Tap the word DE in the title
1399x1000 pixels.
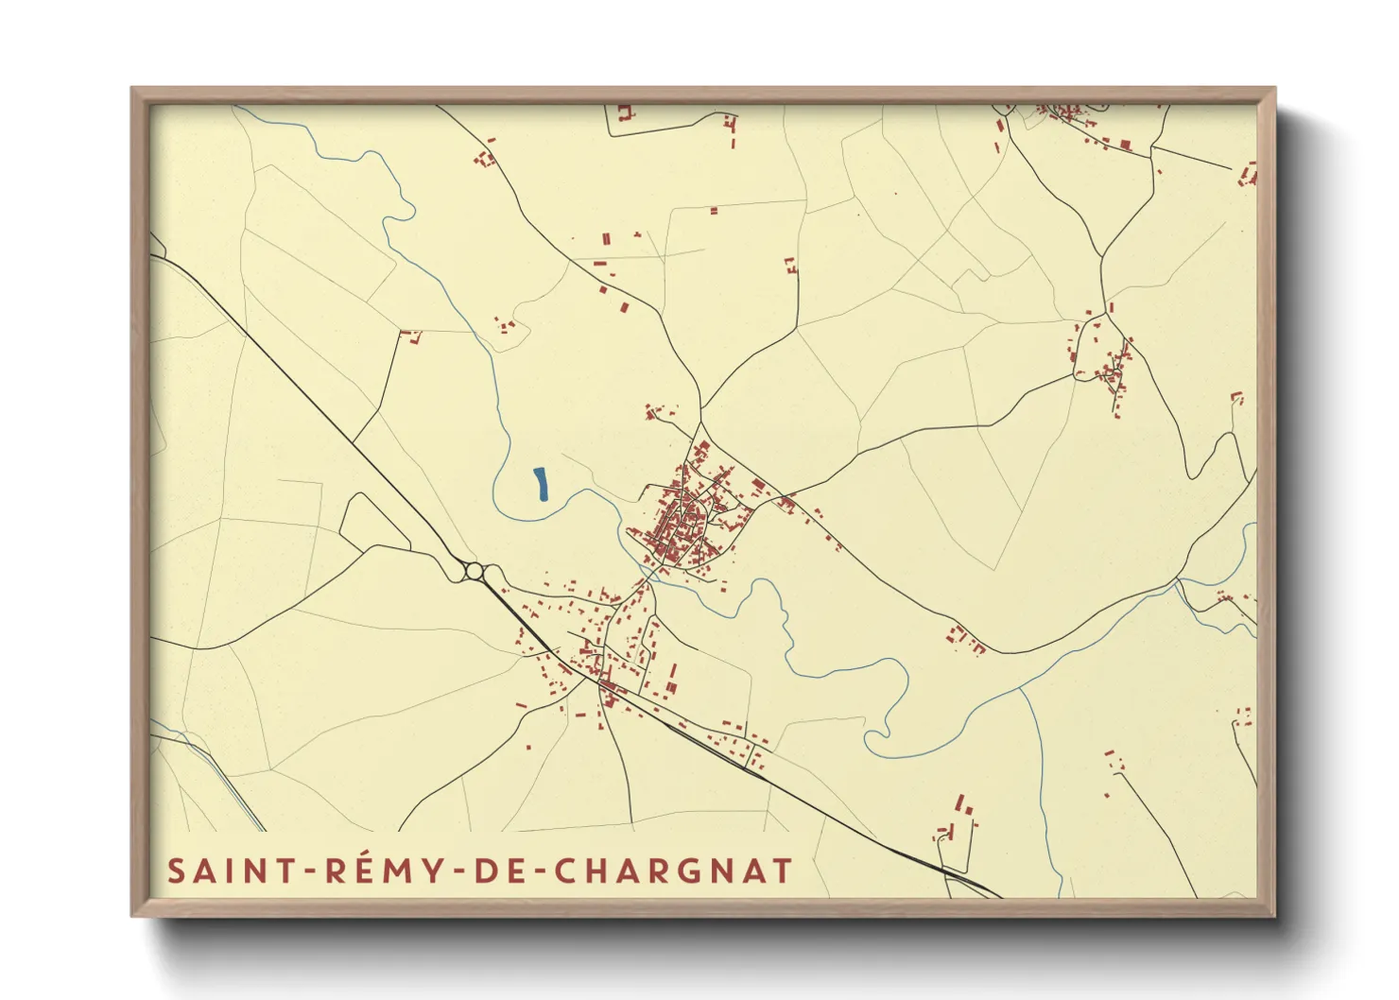click(494, 871)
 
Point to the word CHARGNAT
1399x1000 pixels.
click(673, 871)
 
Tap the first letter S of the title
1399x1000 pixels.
click(177, 871)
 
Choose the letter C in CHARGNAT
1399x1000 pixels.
click(565, 871)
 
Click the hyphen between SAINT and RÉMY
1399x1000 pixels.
click(306, 871)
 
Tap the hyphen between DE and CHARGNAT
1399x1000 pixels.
click(536, 871)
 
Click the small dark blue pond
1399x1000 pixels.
click(541, 483)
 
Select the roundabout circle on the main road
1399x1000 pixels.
click(475, 571)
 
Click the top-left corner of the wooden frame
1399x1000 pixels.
click(132, 89)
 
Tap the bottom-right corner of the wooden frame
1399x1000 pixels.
click(1274, 915)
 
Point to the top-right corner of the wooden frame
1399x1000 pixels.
click(1274, 89)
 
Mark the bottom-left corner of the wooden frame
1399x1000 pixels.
click(132, 915)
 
